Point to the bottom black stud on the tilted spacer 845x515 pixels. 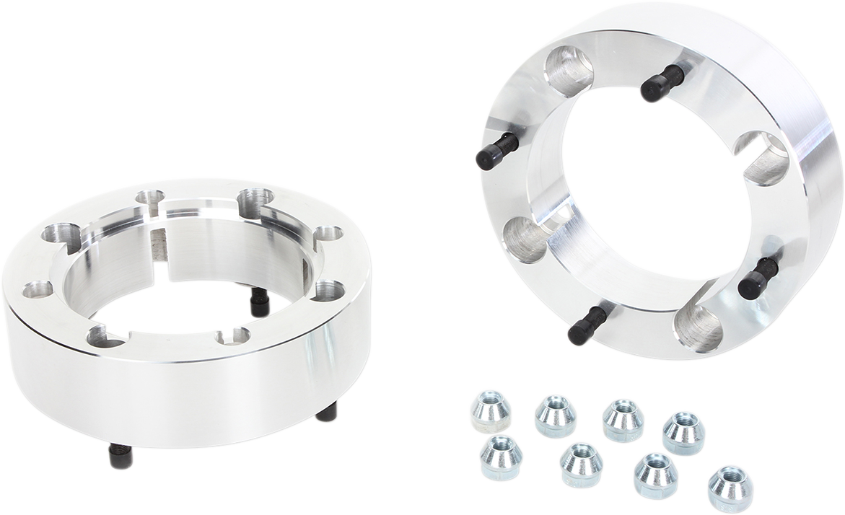[587, 325]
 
